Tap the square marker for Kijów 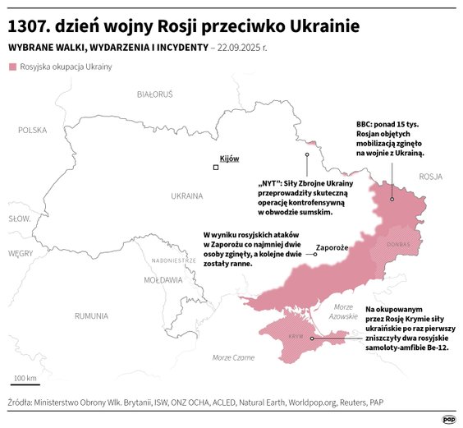coord(216,168)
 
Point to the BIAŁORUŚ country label coord(155,94)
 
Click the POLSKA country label coord(33,130)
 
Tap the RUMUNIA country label coord(91,315)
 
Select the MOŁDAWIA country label coord(163,280)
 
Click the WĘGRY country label coord(20,254)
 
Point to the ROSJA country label coord(430,177)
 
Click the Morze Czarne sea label coord(233,357)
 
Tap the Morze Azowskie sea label coord(342,311)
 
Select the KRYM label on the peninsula coord(293,338)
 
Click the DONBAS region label coord(398,244)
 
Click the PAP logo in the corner coord(448,416)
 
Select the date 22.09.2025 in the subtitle coord(244,48)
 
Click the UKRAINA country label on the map coord(186,196)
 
